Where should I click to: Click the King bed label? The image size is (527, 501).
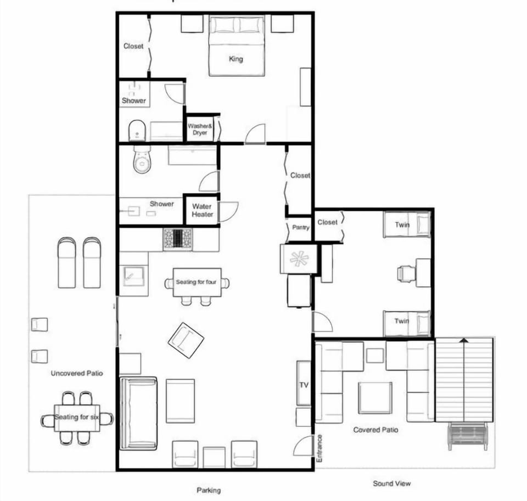[x=236, y=59]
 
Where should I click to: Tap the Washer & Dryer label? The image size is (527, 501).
[x=200, y=130]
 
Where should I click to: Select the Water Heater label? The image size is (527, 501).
[x=203, y=210]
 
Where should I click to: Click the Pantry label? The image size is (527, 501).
[x=300, y=228]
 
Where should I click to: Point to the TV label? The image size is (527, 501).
[x=304, y=385]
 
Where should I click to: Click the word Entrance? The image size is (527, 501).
[x=319, y=448]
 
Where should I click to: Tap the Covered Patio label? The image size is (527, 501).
[x=375, y=430]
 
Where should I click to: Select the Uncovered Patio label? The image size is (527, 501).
[x=77, y=373]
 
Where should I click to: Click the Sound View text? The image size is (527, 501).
[x=391, y=483]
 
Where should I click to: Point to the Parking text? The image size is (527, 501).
[x=209, y=490]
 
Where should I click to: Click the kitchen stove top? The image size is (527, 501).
[x=178, y=239]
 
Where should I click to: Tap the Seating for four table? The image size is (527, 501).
[x=197, y=282]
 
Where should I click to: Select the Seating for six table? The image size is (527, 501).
[x=77, y=418]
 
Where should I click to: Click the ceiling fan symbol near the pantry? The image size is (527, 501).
[x=299, y=259]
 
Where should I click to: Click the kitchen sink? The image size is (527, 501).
[x=134, y=276]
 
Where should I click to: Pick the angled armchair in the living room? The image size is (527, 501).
[x=186, y=341]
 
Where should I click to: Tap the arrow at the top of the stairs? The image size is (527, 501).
[x=464, y=340]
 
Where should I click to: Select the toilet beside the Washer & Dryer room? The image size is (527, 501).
[x=137, y=131]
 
